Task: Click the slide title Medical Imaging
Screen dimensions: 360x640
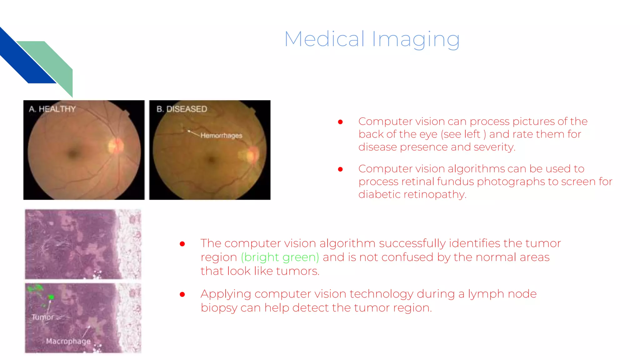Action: [372, 39]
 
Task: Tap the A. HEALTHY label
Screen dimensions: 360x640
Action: [52, 109]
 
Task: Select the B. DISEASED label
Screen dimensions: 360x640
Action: [182, 109]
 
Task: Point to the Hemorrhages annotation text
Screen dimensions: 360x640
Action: [221, 136]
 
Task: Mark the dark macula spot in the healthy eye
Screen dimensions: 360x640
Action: [74, 153]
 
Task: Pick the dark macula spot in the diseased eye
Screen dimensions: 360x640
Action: [212, 160]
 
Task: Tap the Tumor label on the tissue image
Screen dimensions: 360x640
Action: [43, 317]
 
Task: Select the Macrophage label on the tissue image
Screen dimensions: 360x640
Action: [68, 341]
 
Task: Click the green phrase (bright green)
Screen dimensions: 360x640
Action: [280, 257]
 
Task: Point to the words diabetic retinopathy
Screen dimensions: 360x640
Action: [412, 194]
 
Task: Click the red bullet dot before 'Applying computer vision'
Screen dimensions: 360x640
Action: [182, 294]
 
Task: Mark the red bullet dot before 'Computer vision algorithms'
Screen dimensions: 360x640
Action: [340, 169]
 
